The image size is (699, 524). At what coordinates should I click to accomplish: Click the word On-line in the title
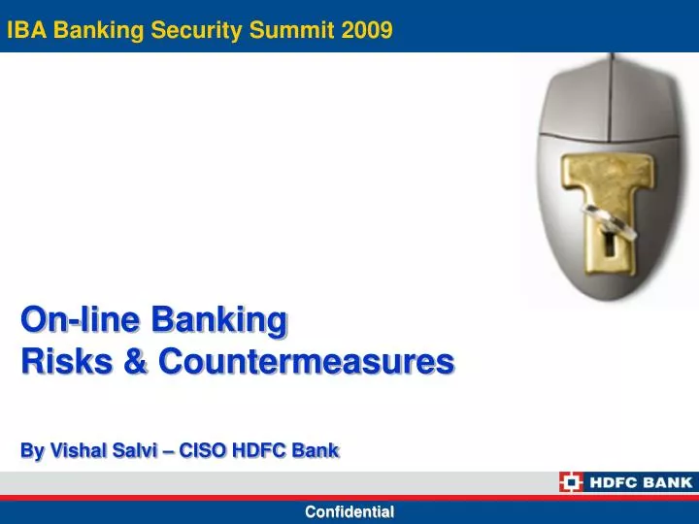80,318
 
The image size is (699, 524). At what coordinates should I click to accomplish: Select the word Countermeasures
306,362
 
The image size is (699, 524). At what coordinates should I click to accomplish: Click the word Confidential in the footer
349,511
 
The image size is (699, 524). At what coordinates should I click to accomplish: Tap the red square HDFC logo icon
571,481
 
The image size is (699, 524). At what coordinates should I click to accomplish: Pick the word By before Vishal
33,450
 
